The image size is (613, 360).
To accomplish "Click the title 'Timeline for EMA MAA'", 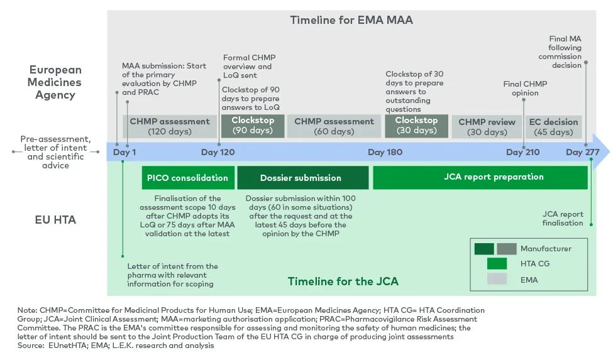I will (x=351, y=20).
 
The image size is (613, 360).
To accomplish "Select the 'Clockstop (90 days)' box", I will (x=253, y=126).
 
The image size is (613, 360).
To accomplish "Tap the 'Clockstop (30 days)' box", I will (x=416, y=126).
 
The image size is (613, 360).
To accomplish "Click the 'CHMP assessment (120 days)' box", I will (x=169, y=126).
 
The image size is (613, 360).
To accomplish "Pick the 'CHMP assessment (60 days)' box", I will (x=334, y=126).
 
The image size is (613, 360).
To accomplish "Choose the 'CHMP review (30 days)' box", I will (x=487, y=126).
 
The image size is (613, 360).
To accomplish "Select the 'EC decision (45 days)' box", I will (x=553, y=126).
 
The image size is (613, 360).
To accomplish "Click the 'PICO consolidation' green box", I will (x=188, y=178).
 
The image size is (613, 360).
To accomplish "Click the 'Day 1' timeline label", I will (x=124, y=152).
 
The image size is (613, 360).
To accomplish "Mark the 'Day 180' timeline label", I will (x=385, y=152).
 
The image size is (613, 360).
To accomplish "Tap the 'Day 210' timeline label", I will (x=522, y=152).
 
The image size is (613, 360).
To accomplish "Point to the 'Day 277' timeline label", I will (x=582, y=152).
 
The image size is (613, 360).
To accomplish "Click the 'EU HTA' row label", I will (x=55, y=221).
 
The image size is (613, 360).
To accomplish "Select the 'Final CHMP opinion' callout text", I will (x=525, y=89).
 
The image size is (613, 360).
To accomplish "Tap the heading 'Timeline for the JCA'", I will (x=343, y=281).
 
